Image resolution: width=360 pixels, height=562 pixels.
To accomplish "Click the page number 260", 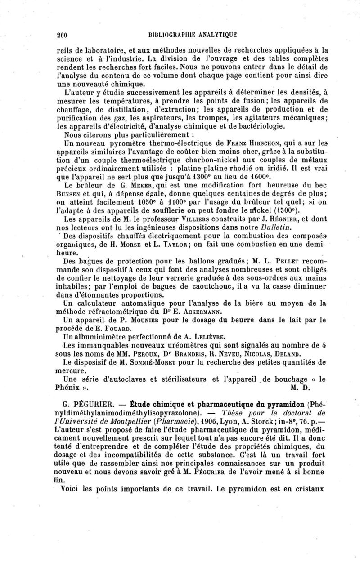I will click(63, 33).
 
